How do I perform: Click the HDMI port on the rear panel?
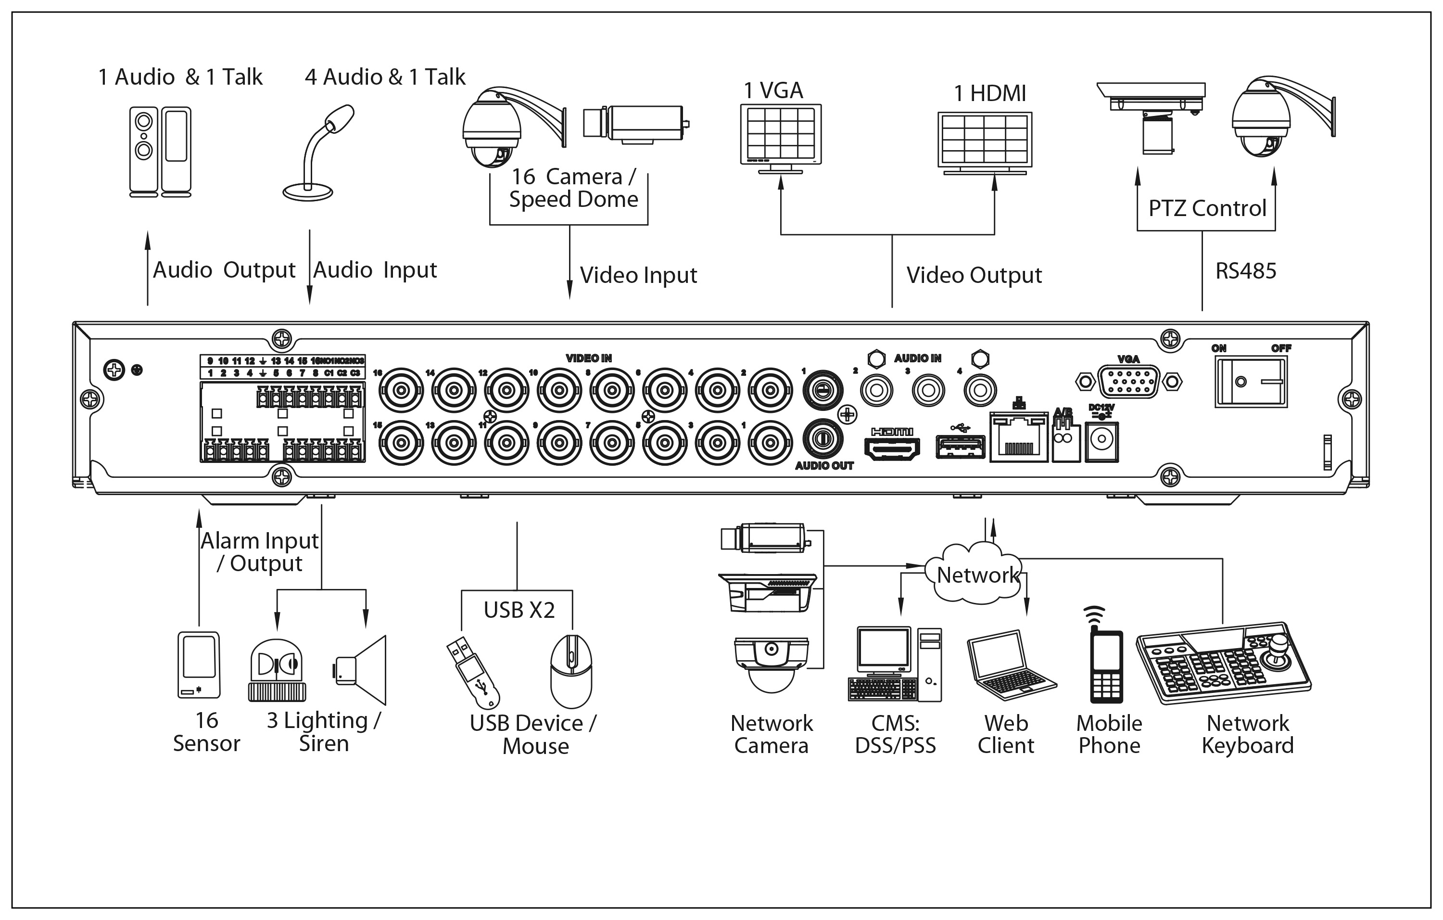tap(892, 448)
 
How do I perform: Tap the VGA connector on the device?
tap(1128, 381)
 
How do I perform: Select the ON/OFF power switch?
tap(1251, 382)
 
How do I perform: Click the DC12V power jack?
tap(1101, 441)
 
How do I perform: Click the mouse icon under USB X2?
tap(571, 671)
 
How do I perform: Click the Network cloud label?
tap(977, 575)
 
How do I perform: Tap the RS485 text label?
tap(1245, 271)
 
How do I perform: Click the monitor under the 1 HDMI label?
tap(985, 142)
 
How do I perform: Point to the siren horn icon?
tap(360, 670)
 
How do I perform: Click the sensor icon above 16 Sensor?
tap(199, 664)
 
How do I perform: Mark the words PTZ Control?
tap(1207, 208)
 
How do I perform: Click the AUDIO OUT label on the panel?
tap(824, 466)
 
